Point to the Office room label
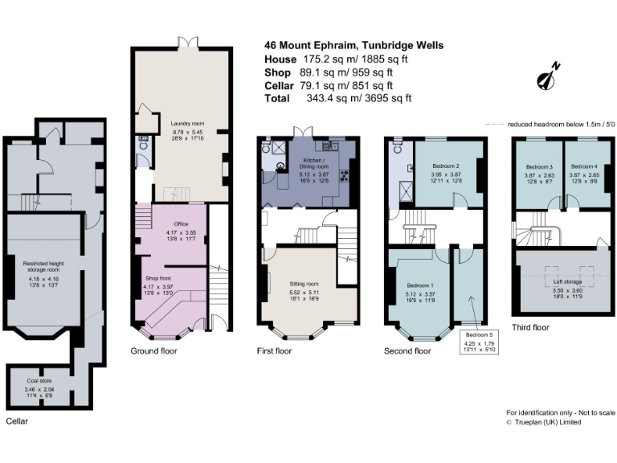tap(174, 223)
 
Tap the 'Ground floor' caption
tap(153, 351)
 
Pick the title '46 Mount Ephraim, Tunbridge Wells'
tap(353, 46)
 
